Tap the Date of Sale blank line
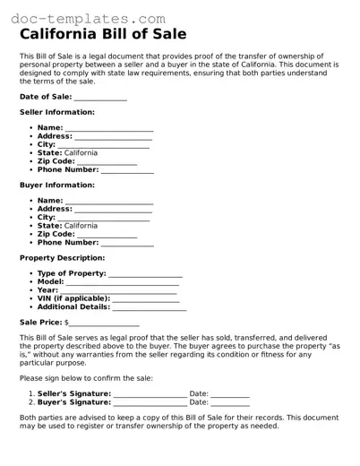99,98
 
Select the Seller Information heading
56,112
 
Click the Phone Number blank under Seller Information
127,170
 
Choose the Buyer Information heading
56,185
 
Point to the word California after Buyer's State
81,226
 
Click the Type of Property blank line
145,274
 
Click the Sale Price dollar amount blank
104,323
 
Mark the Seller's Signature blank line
150,394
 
